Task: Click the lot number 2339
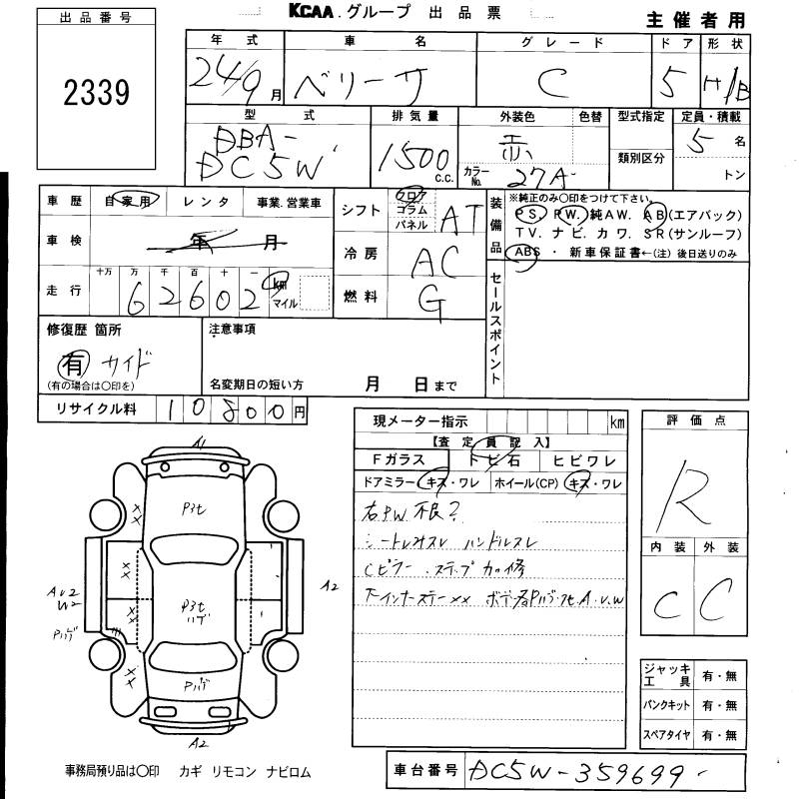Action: tap(97, 93)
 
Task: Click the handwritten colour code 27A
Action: tap(539, 177)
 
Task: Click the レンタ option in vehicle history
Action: tap(207, 203)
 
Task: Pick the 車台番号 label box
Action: tap(423, 771)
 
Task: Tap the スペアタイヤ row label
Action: tap(667, 736)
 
